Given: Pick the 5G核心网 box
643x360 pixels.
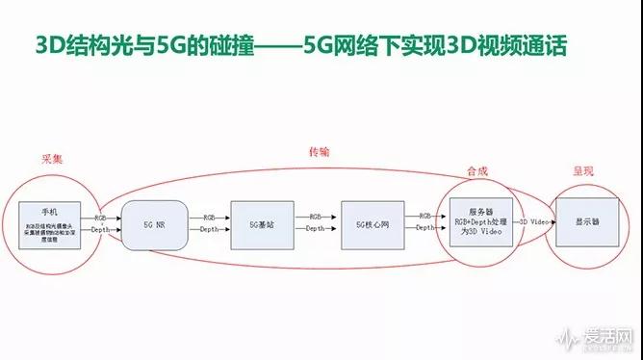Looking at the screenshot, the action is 371,223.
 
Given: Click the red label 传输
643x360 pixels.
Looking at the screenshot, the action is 319,152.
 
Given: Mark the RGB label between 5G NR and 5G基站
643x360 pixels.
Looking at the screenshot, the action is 208,217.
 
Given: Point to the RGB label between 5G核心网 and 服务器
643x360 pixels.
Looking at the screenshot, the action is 424,217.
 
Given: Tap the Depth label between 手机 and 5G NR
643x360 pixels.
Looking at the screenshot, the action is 101,230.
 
